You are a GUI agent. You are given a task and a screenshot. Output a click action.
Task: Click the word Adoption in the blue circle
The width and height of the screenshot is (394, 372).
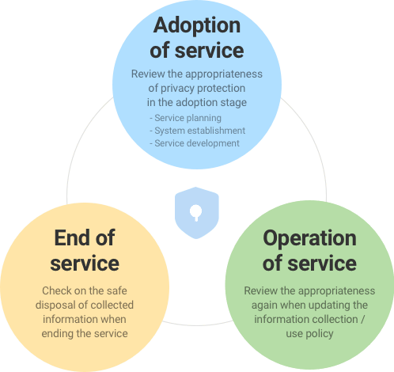coord(197,26)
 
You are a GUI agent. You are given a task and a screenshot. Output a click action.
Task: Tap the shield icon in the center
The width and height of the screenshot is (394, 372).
coord(197,213)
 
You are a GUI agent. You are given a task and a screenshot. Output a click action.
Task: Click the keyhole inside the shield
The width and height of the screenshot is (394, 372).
coord(196,213)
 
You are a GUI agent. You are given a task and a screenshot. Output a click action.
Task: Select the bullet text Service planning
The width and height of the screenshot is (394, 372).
coord(185,118)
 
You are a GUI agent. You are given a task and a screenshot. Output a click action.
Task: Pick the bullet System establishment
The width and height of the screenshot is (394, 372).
coord(197,131)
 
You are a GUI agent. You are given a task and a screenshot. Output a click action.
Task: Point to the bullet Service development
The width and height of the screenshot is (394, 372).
coord(195,143)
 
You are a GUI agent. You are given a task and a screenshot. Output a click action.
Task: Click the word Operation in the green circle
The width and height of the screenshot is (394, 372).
coord(309,239)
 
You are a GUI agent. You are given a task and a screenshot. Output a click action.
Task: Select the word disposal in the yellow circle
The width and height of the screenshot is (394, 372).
coord(56,306)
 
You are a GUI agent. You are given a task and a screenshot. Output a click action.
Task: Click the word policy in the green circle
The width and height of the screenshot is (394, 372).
coord(320,334)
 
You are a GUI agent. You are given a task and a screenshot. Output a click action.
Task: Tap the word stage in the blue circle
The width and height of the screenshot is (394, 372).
coord(234,103)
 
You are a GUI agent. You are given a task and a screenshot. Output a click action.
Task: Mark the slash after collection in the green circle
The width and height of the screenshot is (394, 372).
coord(362,320)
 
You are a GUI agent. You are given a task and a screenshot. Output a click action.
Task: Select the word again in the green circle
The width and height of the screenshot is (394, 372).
coord(264,306)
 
